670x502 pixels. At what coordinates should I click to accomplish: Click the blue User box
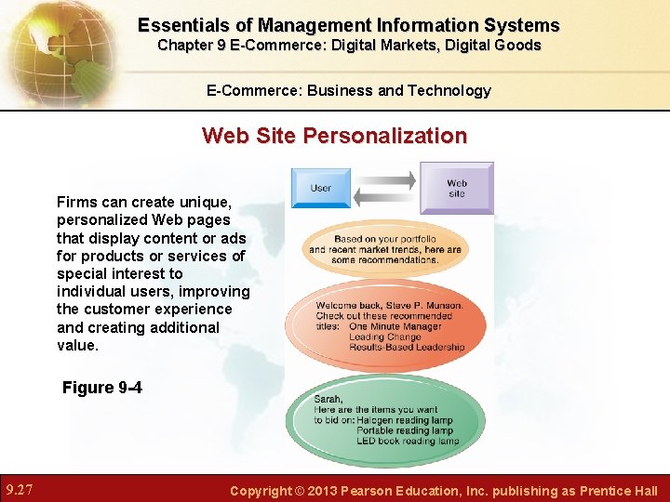coord(321,188)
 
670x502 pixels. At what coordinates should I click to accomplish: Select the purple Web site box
coord(456,188)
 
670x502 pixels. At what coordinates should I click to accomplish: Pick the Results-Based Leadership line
coord(407,347)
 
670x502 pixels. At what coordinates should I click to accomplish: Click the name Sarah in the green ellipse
coord(328,399)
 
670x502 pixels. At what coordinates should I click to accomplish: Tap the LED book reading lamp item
coord(409,441)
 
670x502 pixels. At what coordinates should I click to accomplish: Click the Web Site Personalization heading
coord(334,136)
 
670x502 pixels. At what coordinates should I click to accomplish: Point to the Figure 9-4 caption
coord(102,388)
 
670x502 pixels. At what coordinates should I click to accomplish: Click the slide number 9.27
coord(21,490)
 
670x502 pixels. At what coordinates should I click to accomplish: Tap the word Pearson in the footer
coord(375,491)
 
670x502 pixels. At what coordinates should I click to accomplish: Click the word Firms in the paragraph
coord(75,202)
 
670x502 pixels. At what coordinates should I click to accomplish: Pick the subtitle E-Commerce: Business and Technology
coord(349,90)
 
